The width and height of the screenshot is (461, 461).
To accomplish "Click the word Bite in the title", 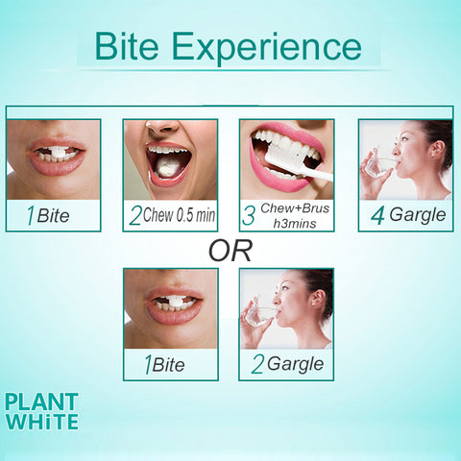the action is (127, 45).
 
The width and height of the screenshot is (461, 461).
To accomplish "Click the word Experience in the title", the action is (267, 48).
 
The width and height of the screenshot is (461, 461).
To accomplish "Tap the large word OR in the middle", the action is (230, 251).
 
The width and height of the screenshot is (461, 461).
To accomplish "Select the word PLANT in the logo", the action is (41, 401).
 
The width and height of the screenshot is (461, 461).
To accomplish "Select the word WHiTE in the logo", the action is (42, 421).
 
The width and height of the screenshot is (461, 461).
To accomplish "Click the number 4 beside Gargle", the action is (377, 216).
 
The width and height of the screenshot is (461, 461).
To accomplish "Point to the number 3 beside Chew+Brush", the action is (249, 215).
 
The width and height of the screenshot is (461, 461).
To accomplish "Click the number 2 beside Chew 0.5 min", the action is (135, 215).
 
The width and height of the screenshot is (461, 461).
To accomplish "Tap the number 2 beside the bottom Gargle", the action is (257, 365).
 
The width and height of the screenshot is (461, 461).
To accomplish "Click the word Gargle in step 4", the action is (418, 215).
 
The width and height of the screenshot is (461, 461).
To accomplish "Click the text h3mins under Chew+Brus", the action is (295, 224).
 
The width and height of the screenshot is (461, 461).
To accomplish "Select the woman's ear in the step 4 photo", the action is (437, 149).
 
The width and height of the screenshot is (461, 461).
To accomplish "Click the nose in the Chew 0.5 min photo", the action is (162, 128).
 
